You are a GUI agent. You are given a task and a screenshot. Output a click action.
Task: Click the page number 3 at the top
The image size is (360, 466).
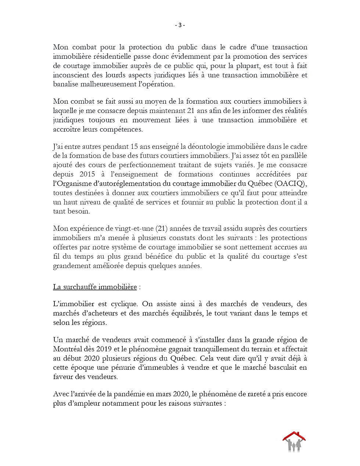180,25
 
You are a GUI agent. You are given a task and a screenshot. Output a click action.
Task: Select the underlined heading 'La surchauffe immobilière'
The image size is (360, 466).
95,287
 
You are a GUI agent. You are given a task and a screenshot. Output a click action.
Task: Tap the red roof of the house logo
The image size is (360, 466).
294,436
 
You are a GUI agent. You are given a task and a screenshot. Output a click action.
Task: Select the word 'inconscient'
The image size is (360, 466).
70,75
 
